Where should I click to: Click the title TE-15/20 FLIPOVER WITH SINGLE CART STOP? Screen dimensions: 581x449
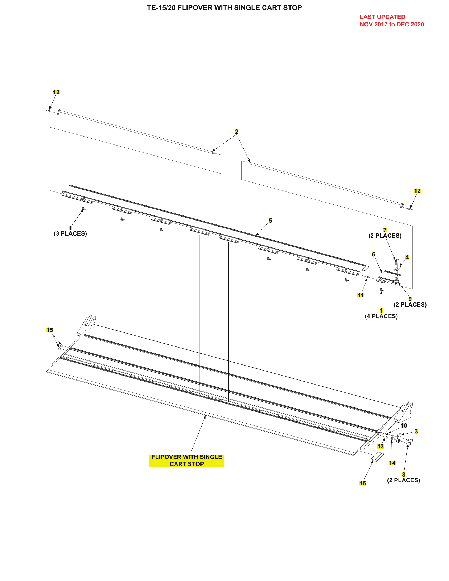tap(224, 8)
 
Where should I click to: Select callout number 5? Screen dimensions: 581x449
tap(270, 221)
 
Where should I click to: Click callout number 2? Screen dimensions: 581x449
tap(236, 132)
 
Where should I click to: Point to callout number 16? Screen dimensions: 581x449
tap(363, 483)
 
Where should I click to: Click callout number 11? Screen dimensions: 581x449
tap(361, 295)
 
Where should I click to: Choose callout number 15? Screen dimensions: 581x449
tap(50, 330)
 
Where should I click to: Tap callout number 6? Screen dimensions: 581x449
tap(373, 254)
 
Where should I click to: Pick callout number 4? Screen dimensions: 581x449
tap(407, 257)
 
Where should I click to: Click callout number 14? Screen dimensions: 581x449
tap(392, 463)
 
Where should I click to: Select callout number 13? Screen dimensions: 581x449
tap(380, 446)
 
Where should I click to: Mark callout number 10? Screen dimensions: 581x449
tap(404, 425)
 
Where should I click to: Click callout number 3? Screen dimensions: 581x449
tap(416, 431)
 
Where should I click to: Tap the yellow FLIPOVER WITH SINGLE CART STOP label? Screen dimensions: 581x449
tap(187, 460)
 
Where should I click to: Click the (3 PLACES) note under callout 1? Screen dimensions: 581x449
tap(70, 233)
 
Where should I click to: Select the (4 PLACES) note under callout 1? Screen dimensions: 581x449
tap(381, 316)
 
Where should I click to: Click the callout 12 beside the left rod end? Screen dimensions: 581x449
tap(56, 92)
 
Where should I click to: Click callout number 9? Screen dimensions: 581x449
tap(410, 299)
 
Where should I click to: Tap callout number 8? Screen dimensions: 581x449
tap(404, 475)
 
